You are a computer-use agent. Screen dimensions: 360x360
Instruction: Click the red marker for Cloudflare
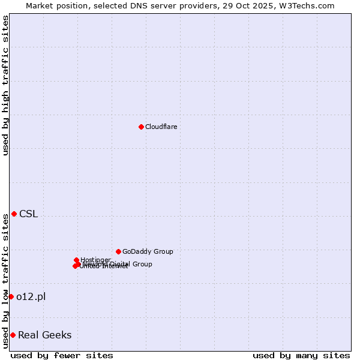tap(141, 127)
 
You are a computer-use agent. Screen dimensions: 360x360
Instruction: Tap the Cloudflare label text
tap(161, 127)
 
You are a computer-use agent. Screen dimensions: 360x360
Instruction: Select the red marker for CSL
tap(14, 214)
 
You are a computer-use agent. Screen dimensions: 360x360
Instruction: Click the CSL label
tap(28, 214)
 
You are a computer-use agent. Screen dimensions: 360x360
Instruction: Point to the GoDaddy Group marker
tap(118, 251)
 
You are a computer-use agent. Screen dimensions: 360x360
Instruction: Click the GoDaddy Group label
tap(148, 251)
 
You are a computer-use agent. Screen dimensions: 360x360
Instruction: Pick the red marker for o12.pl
tap(11, 296)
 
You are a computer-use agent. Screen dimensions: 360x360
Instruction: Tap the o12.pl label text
tap(31, 296)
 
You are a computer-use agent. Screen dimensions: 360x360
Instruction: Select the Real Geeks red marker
tap(13, 335)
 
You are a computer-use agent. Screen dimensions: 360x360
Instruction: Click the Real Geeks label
tap(44, 335)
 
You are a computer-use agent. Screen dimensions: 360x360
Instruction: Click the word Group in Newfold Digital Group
tap(142, 264)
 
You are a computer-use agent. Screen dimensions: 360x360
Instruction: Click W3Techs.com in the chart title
tap(309, 5)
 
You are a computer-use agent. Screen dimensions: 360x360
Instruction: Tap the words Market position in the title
tap(54, 5)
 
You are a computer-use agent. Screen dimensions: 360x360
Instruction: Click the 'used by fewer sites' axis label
tap(62, 355)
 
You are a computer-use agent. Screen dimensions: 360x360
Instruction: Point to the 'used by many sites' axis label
tap(301, 355)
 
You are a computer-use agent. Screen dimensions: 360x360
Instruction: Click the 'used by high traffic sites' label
tap(5, 85)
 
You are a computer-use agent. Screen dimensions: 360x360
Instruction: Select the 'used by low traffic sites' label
tap(5, 280)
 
